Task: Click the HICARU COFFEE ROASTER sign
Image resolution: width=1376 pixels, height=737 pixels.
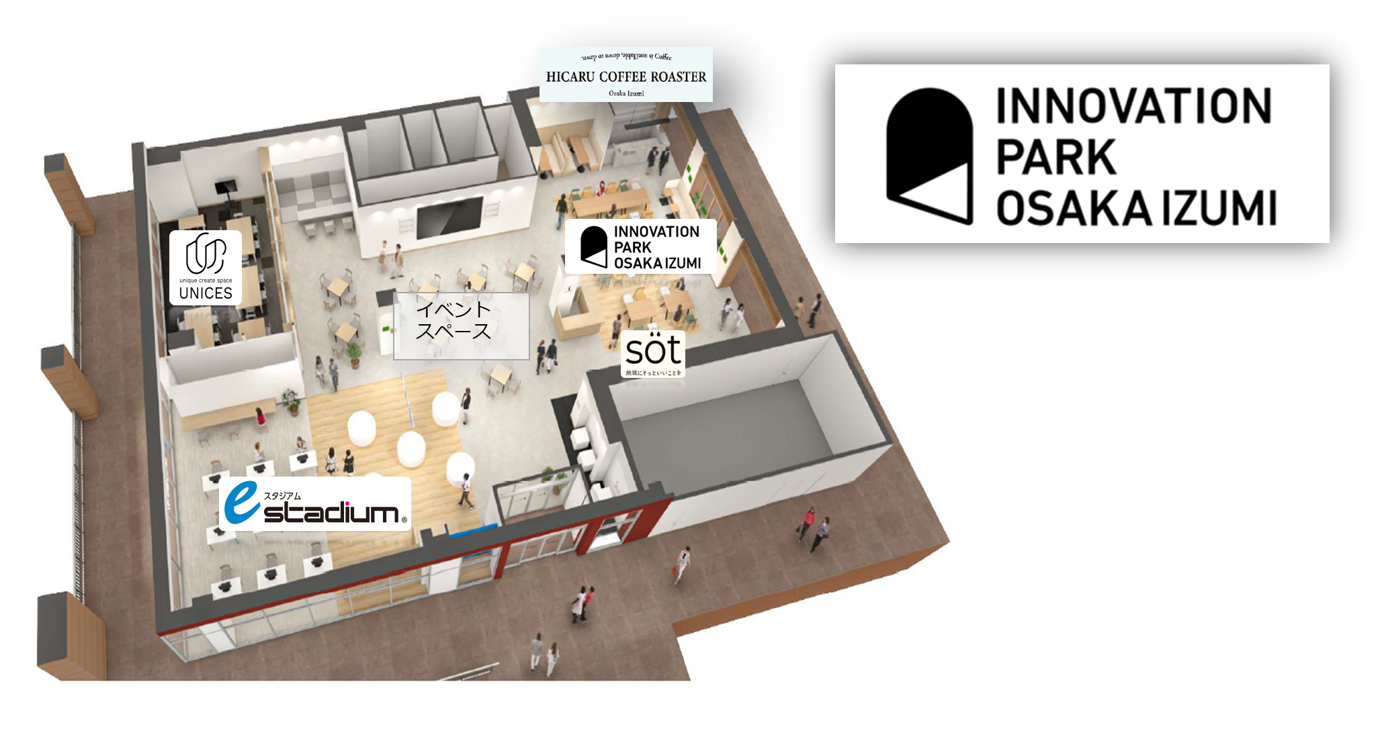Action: pos(626,75)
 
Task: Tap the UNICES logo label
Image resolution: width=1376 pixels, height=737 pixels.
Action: pos(206,268)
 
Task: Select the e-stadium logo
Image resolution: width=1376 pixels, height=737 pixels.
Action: pos(314,504)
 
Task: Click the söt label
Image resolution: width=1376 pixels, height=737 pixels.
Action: pos(653,354)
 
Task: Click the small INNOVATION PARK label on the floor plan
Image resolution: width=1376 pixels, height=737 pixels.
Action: pos(640,247)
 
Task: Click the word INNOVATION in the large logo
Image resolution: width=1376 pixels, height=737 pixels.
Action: pos(1133,106)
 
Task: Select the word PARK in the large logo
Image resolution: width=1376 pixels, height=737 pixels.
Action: pos(1056,157)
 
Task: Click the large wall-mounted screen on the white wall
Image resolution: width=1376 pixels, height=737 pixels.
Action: pos(449,217)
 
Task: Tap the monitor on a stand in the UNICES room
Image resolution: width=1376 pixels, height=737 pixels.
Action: pos(226,187)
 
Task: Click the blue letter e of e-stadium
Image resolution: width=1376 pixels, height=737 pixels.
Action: pos(241,503)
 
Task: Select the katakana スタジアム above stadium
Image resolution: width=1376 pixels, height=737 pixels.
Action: pos(282,496)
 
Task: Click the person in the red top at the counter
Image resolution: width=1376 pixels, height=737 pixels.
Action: pos(260,417)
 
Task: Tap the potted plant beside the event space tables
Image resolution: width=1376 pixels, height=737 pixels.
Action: pos(353,354)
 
